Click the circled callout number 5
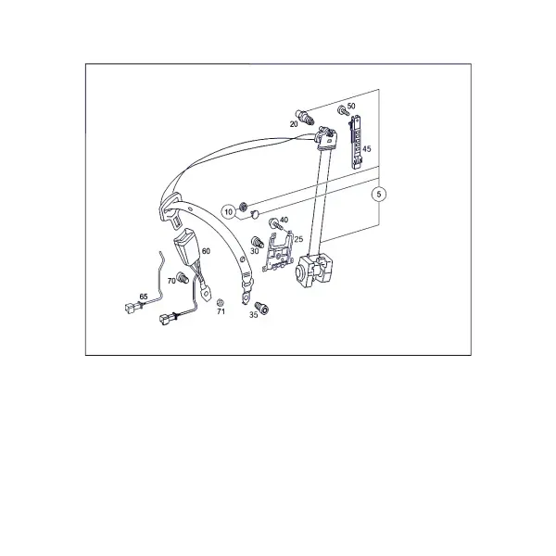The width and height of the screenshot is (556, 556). pyautogui.click(x=379, y=194)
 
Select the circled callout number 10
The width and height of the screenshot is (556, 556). pyautogui.click(x=228, y=212)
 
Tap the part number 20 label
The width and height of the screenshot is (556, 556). pyautogui.click(x=294, y=124)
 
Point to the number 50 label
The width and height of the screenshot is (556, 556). pyautogui.click(x=351, y=106)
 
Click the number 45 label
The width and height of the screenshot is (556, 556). pyautogui.click(x=367, y=148)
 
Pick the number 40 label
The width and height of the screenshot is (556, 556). pyautogui.click(x=284, y=220)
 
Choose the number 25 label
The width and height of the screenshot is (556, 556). pyautogui.click(x=298, y=239)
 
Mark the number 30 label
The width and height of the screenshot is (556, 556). pyautogui.click(x=255, y=251)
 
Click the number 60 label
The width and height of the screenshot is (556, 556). pyautogui.click(x=206, y=251)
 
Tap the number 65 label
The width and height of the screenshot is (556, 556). pyautogui.click(x=144, y=297)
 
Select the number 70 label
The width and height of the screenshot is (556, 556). pyautogui.click(x=171, y=281)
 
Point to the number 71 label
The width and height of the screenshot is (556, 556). pyautogui.click(x=221, y=311)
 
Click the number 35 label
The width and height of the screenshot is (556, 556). pyautogui.click(x=253, y=314)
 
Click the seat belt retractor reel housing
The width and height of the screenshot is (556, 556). pyautogui.click(x=314, y=271)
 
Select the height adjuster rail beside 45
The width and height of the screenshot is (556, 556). pyautogui.click(x=357, y=142)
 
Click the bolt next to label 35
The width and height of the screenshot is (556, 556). pyautogui.click(x=262, y=308)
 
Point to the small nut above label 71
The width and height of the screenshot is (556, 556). pyautogui.click(x=220, y=302)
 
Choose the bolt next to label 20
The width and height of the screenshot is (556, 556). pyautogui.click(x=305, y=117)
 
